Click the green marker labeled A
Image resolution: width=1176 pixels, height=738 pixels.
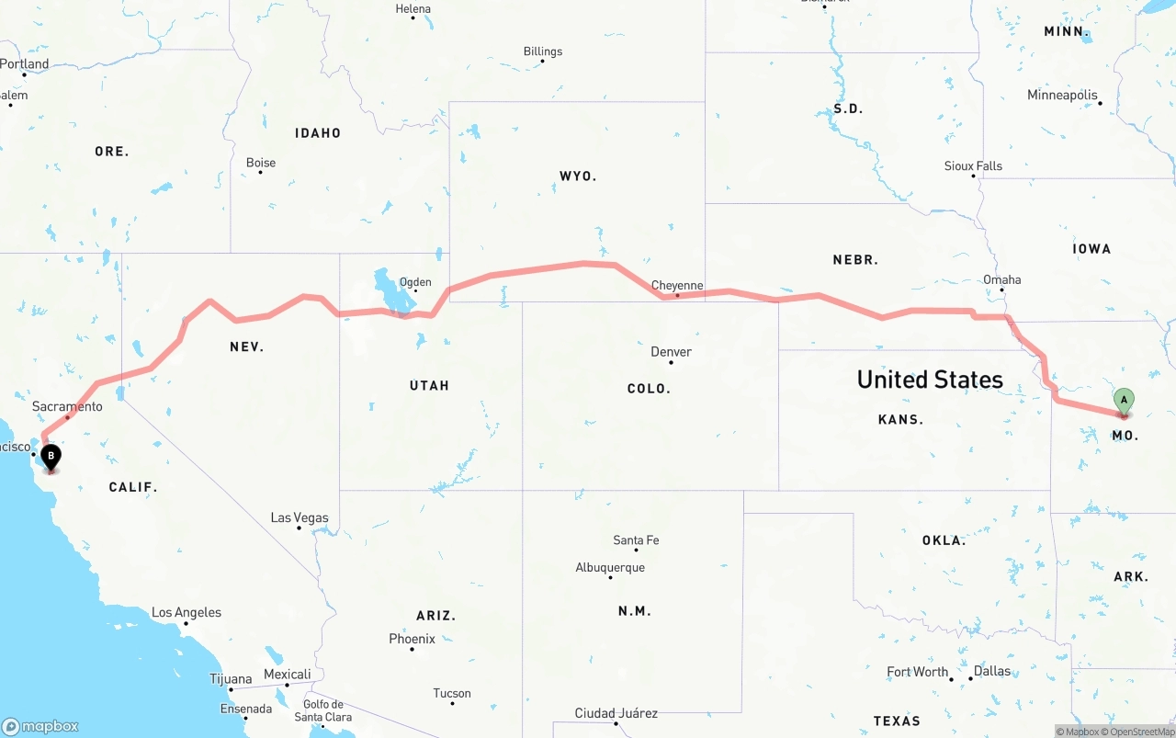pyautogui.click(x=1124, y=402)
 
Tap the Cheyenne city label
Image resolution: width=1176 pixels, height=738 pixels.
pyautogui.click(x=677, y=286)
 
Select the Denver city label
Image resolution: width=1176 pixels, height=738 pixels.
pyautogui.click(x=671, y=352)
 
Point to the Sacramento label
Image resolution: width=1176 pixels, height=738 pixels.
pyautogui.click(x=67, y=406)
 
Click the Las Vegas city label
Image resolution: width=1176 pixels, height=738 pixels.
pyautogui.click(x=300, y=518)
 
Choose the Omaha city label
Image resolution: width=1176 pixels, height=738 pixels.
pyautogui.click(x=1001, y=280)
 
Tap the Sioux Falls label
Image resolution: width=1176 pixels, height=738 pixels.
pyautogui.click(x=973, y=166)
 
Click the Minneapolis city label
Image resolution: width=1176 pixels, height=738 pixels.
pyautogui.click(x=1062, y=96)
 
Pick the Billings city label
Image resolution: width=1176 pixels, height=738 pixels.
pyautogui.click(x=542, y=52)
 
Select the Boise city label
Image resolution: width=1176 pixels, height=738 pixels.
pyautogui.click(x=261, y=164)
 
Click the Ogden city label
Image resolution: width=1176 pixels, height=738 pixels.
pyautogui.click(x=414, y=283)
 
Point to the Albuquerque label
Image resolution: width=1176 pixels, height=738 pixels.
pyautogui.click(x=610, y=568)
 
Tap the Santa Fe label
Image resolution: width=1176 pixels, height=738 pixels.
pyautogui.click(x=636, y=540)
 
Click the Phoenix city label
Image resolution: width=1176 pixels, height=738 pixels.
pyautogui.click(x=412, y=639)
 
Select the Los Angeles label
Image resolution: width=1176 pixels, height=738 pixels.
pyautogui.click(x=187, y=613)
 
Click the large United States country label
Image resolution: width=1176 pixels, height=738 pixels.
pyautogui.click(x=930, y=380)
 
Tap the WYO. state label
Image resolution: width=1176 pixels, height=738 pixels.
pyautogui.click(x=578, y=176)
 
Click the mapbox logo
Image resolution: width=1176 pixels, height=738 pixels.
pyautogui.click(x=40, y=726)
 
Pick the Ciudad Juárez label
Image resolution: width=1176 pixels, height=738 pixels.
pyautogui.click(x=616, y=713)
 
